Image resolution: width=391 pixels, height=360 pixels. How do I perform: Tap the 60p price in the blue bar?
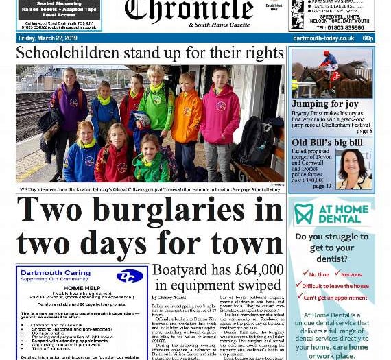pos(368,38)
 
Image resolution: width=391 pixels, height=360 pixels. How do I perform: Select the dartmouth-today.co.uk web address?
pos(324,38)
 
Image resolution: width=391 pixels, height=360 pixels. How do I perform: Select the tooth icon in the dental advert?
pos(303,213)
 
